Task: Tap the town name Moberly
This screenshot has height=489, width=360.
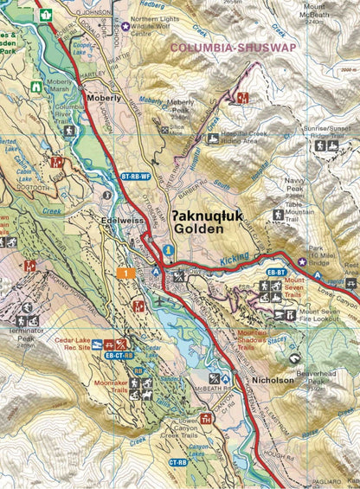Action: tap(104, 99)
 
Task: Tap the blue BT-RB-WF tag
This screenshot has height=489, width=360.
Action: tap(134, 177)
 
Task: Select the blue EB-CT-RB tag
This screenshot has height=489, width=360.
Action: tap(119, 355)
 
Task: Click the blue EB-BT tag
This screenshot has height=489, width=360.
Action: tap(276, 273)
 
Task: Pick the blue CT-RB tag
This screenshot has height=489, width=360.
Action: tap(177, 462)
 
